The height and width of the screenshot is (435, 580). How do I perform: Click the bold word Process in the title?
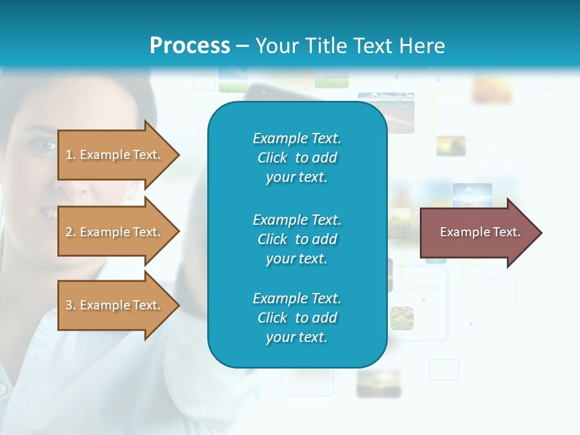click(190, 46)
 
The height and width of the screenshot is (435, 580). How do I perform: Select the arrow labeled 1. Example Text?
click(115, 155)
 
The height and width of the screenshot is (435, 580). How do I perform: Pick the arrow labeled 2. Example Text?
click(115, 232)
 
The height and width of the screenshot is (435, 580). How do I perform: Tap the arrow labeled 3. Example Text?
click(115, 305)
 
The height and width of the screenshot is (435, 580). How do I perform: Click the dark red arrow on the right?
click(477, 233)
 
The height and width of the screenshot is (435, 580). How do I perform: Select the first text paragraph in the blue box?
click(297, 158)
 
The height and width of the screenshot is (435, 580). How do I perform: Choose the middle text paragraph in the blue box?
click(297, 239)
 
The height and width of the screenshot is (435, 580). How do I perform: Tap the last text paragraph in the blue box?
click(297, 318)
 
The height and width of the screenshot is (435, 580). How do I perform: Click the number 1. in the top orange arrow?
click(70, 155)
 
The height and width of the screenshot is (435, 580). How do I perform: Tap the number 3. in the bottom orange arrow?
click(70, 305)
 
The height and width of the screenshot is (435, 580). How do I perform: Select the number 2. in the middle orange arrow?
click(70, 232)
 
